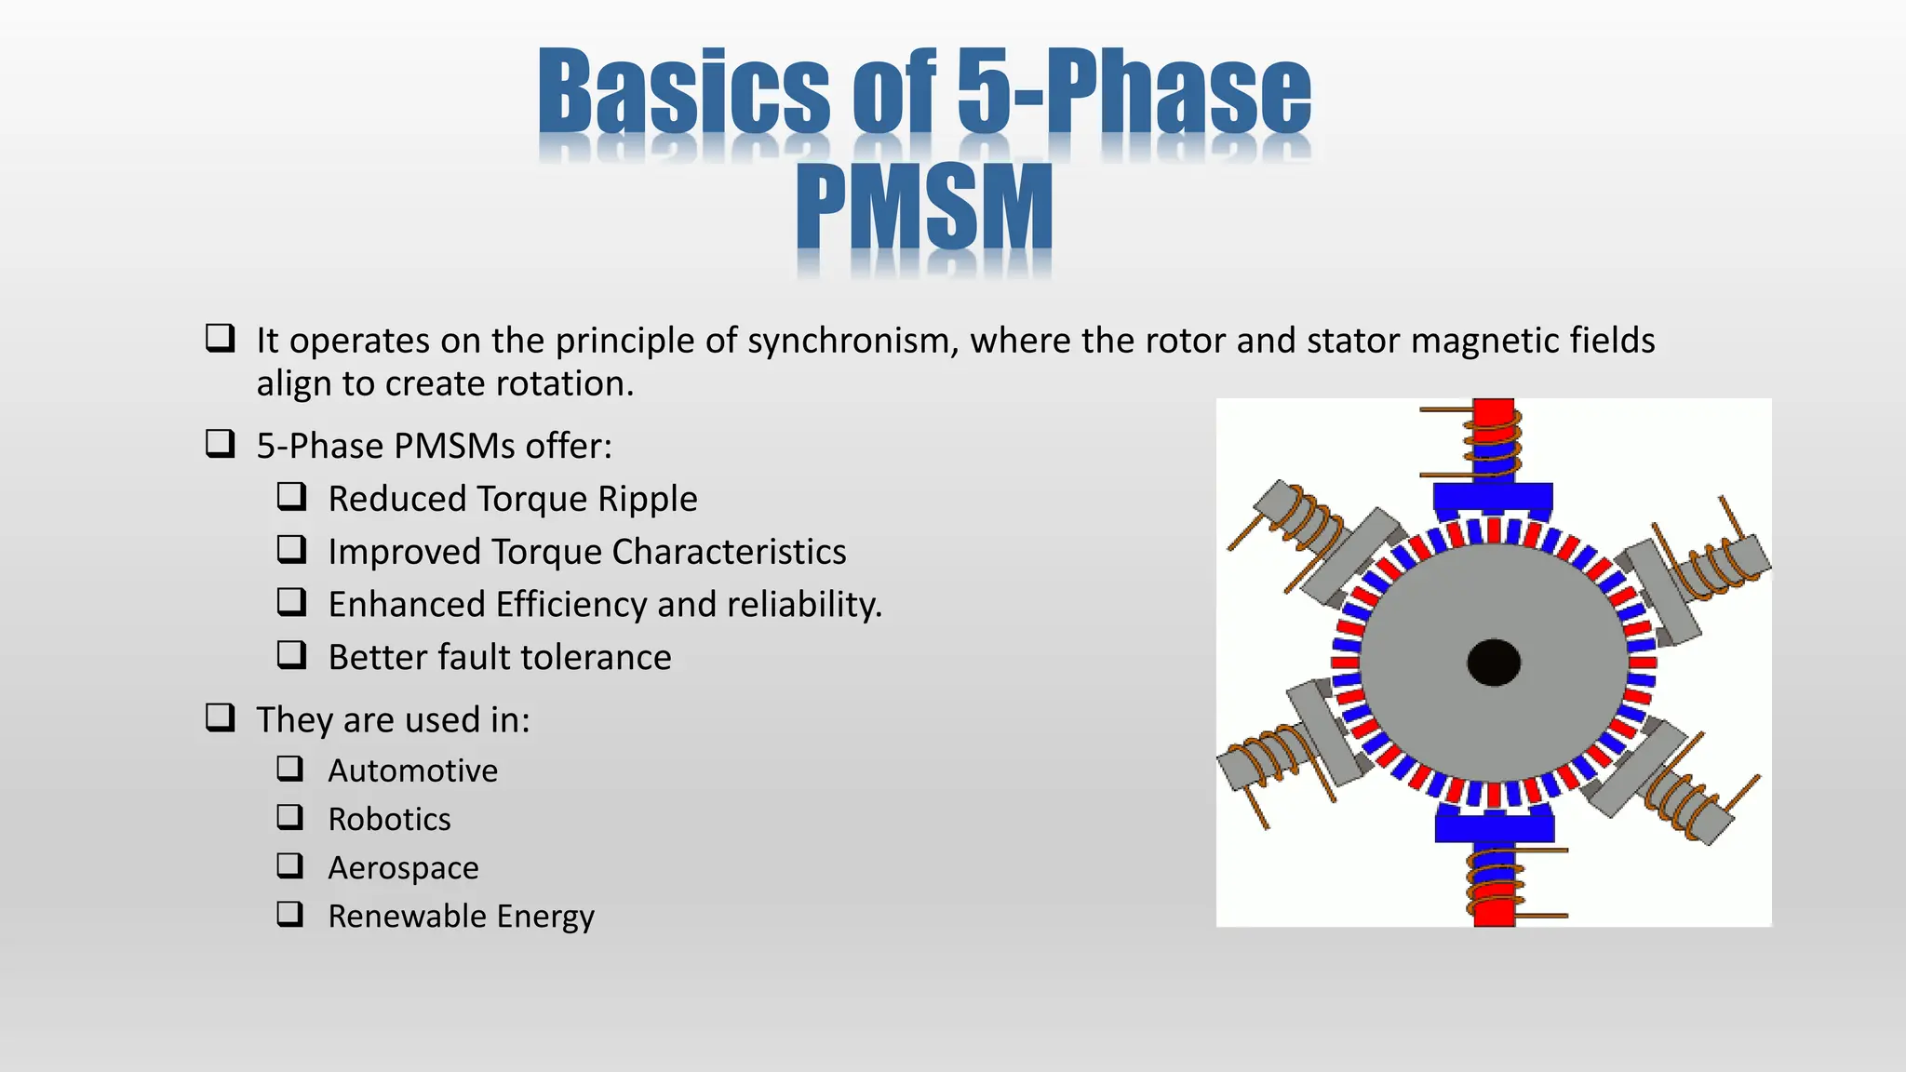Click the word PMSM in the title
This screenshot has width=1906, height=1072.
pyautogui.click(x=924, y=207)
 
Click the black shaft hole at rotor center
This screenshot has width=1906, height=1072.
pyautogui.click(x=1494, y=663)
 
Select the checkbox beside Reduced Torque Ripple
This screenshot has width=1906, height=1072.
pyautogui.click(x=291, y=497)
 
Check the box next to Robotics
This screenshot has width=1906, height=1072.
pyautogui.click(x=290, y=817)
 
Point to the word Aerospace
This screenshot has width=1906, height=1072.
pyautogui.click(x=403, y=867)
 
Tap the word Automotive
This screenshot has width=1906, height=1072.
pyautogui.click(x=412, y=770)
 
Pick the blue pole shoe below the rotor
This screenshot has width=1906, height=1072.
pyautogui.click(x=1495, y=824)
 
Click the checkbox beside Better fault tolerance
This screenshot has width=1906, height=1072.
pyautogui.click(x=291, y=655)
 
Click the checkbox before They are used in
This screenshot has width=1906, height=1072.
pyautogui.click(x=220, y=717)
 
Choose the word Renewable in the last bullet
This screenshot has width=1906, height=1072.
pyautogui.click(x=407, y=917)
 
